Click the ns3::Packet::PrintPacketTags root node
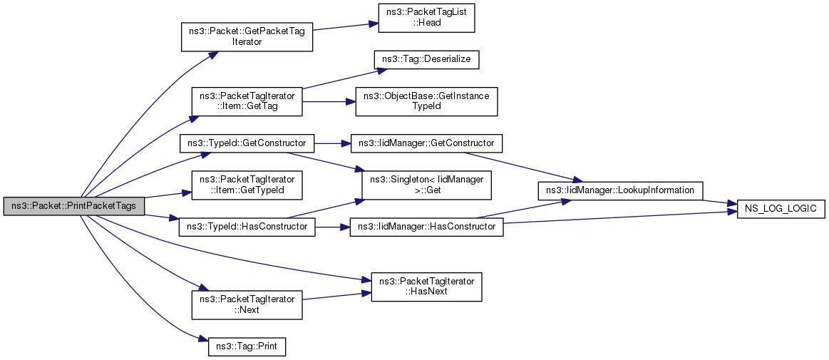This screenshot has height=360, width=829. [x=73, y=205]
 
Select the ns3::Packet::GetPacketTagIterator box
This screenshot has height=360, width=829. [x=247, y=36]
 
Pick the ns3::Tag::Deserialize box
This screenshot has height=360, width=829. [x=426, y=61]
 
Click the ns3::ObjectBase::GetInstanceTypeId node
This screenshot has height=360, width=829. [x=427, y=101]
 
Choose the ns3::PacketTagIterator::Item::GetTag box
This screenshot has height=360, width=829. [x=247, y=101]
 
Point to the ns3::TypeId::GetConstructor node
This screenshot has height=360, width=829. [x=247, y=143]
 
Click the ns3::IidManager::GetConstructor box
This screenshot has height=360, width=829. [x=427, y=143]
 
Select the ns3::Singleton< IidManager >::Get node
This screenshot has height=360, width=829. [x=426, y=185]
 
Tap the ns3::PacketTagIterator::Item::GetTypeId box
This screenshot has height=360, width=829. [x=247, y=185]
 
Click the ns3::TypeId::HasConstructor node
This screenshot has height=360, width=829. [x=247, y=227]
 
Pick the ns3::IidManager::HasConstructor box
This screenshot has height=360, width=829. [x=427, y=227]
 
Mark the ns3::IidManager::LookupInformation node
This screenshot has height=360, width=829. [x=619, y=190]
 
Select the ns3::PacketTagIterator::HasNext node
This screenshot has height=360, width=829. [x=427, y=287]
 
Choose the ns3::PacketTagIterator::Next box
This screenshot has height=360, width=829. [x=247, y=304]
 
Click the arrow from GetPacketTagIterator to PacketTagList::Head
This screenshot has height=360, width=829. [x=340, y=28]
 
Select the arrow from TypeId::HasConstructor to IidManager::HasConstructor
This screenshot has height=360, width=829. [x=333, y=227]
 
